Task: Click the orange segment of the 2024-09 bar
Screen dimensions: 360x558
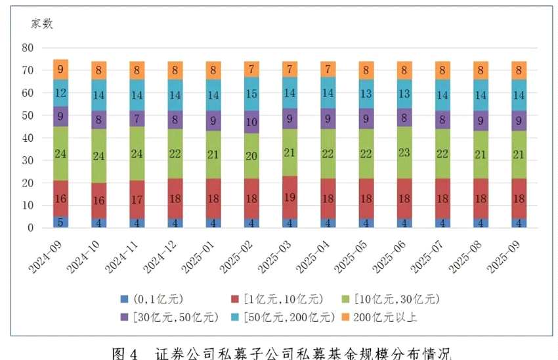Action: pos(60,69)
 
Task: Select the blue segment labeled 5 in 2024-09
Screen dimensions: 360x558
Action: pos(60,222)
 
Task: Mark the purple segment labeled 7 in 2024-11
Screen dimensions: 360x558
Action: pos(137,118)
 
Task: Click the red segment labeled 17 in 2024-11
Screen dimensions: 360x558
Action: pos(137,199)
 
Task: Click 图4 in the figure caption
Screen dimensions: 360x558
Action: pos(125,353)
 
